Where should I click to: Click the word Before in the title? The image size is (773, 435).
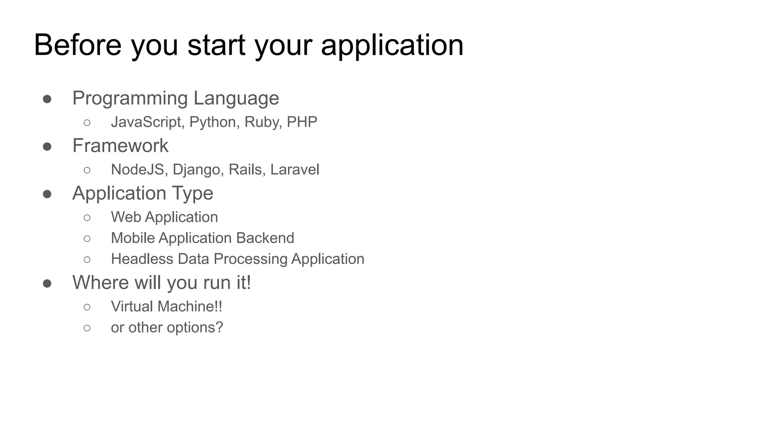coord(77,45)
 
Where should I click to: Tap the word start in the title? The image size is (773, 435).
coord(216,45)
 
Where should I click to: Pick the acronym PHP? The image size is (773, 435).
coord(302,122)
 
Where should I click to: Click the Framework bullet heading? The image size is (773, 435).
coord(120,146)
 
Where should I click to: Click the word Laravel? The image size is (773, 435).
coord(294,170)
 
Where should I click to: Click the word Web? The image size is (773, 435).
coord(126,217)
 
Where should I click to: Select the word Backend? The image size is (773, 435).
coord(265,238)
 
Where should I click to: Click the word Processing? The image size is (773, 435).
coord(250,259)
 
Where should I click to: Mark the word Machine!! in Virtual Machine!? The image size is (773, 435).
coord(190,306)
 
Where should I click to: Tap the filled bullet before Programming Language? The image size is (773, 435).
coord(47,99)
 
